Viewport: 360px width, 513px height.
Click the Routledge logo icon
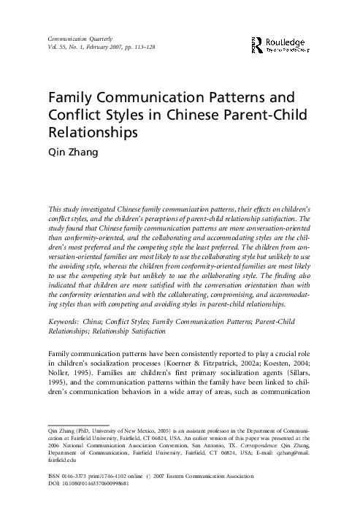pos(256,43)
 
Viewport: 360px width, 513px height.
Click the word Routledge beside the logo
pos(287,42)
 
